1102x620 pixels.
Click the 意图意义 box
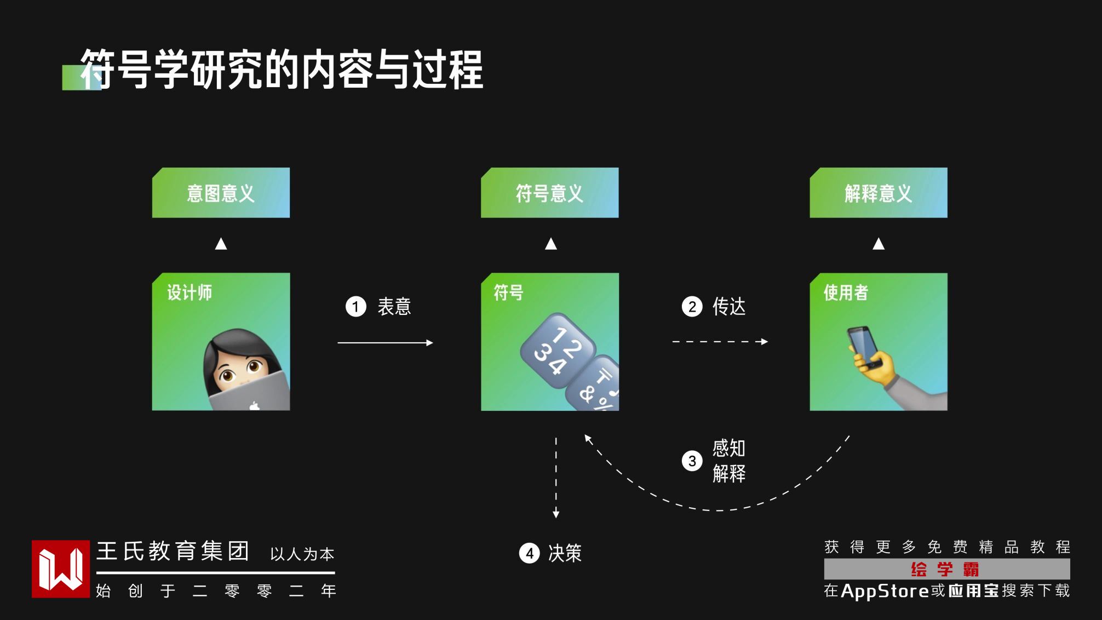pos(221,193)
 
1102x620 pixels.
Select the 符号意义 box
pos(549,193)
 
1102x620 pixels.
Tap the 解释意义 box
pos(878,193)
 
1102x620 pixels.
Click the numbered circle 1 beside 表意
pos(355,307)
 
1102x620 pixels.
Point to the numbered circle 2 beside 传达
pos(692,307)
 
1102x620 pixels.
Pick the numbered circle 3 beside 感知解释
pos(692,461)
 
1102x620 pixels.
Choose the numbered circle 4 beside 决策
pos(529,553)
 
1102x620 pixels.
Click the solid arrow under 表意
pos(385,343)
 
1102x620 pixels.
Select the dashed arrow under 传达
pos(720,342)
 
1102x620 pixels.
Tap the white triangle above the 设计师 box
pos(221,244)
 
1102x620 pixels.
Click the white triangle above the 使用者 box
pos(879,244)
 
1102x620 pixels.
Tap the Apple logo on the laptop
pos(254,406)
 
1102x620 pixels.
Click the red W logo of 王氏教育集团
pos(60,569)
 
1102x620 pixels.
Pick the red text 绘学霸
pos(945,570)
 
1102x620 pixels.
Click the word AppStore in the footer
pos(885,591)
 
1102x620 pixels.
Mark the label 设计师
pos(190,292)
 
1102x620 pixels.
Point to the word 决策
pos(565,553)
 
